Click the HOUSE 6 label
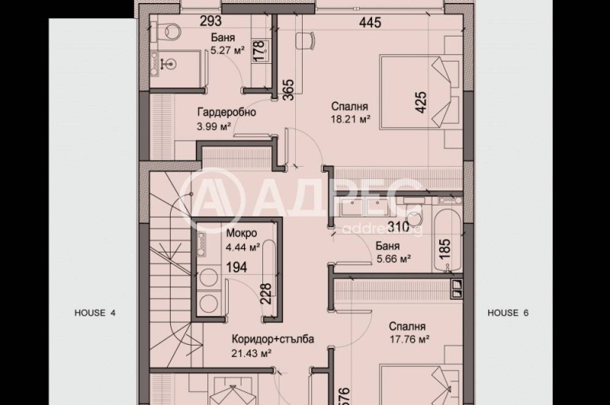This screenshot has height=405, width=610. coord(508,312)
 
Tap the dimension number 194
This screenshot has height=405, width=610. coord(238,267)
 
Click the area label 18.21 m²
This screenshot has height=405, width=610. coord(350,120)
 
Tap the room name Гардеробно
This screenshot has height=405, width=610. coord(226,112)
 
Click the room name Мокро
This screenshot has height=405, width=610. coord(241,233)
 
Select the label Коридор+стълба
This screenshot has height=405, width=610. coord(271,340)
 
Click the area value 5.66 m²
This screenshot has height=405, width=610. coord(393,258)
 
